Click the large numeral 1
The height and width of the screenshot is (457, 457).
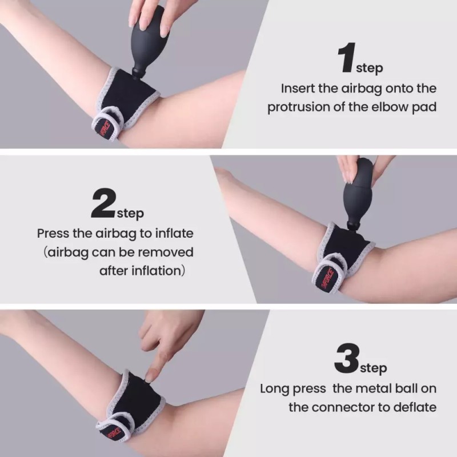click(x=347, y=58)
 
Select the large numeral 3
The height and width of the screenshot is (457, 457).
click(x=347, y=359)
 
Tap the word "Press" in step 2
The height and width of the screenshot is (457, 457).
click(x=53, y=234)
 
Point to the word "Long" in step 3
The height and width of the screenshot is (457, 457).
click(x=276, y=389)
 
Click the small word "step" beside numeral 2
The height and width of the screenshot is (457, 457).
click(x=130, y=214)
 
